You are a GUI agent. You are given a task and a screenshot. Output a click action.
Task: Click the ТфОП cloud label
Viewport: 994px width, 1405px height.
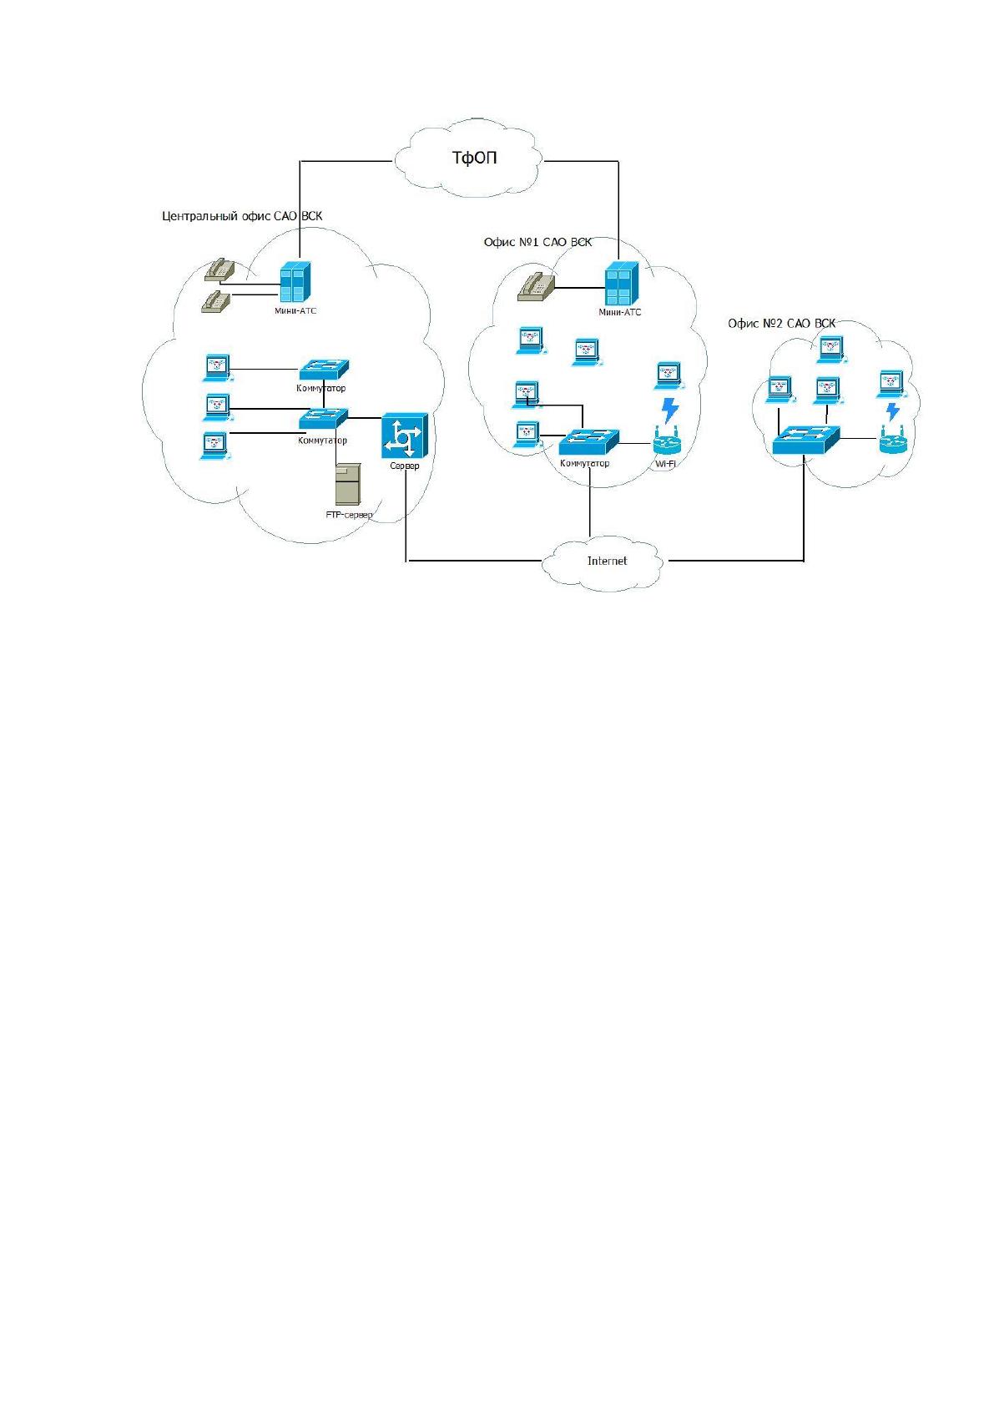click(x=474, y=157)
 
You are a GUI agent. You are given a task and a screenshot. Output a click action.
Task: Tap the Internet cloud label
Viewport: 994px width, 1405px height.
click(x=607, y=561)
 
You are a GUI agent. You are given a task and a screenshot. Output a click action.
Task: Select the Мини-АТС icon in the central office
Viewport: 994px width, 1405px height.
click(x=295, y=283)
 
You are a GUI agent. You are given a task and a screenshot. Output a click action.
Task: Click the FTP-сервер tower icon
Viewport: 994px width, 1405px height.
click(x=348, y=484)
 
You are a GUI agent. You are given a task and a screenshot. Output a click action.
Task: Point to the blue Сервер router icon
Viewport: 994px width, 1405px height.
click(x=405, y=436)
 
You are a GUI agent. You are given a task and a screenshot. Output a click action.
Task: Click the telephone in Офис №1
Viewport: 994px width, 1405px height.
click(x=537, y=287)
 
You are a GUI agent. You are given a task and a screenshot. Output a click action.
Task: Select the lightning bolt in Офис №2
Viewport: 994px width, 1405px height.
click(x=892, y=411)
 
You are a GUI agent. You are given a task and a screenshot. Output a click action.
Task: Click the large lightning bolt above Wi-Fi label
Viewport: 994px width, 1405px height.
click(x=670, y=410)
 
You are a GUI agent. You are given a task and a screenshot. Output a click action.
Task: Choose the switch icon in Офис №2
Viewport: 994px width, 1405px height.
click(x=805, y=441)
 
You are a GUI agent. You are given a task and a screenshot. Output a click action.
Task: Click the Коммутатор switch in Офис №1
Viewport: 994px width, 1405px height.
click(x=588, y=442)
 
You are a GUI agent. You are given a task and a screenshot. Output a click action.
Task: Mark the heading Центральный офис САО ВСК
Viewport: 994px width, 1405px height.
click(x=242, y=216)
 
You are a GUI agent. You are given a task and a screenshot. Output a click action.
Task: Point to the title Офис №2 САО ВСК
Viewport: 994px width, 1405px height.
click(x=781, y=324)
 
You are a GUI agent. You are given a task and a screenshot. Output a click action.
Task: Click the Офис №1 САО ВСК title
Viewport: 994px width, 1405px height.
click(x=537, y=242)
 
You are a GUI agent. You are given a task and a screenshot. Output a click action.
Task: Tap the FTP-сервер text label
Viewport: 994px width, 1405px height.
click(x=349, y=515)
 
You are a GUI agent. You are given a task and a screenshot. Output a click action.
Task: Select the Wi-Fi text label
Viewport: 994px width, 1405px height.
click(x=665, y=464)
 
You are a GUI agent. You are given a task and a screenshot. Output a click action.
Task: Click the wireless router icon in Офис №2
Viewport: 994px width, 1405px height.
click(x=892, y=441)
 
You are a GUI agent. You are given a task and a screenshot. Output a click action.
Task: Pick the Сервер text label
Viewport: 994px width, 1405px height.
click(x=405, y=466)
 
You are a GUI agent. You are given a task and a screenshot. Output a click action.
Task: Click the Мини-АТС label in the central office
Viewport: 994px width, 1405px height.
click(x=295, y=310)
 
